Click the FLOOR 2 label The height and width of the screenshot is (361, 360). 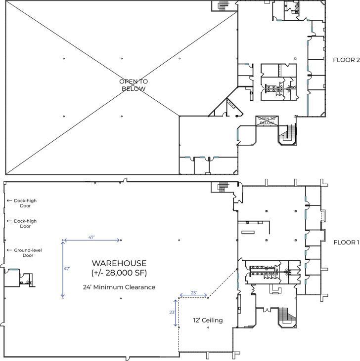346,60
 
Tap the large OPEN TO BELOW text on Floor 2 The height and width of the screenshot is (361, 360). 134,85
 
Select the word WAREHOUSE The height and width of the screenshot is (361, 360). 119,263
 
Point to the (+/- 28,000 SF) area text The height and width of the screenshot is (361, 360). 119,273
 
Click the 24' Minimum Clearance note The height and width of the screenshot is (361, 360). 119,287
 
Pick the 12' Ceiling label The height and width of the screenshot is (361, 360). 208,320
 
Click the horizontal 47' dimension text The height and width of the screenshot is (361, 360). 91,238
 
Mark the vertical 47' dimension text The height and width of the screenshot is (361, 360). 67,269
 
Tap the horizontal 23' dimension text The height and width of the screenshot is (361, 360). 193,293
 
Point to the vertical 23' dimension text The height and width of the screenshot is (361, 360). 172,313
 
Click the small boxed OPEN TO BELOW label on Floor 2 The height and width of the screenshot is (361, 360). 267,120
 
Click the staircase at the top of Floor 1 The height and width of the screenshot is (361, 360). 222,187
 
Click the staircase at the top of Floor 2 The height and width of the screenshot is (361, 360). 222,4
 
